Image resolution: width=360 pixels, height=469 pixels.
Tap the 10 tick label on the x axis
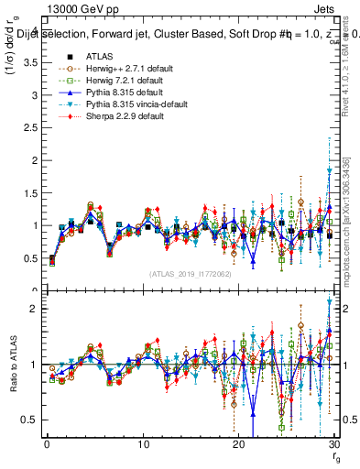point(143,445)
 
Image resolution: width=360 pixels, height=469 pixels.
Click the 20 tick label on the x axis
point(238,445)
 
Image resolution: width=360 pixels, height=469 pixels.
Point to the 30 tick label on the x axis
point(333,445)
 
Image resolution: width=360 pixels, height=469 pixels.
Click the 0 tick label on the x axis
point(47,445)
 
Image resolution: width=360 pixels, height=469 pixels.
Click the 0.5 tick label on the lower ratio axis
point(29,420)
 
